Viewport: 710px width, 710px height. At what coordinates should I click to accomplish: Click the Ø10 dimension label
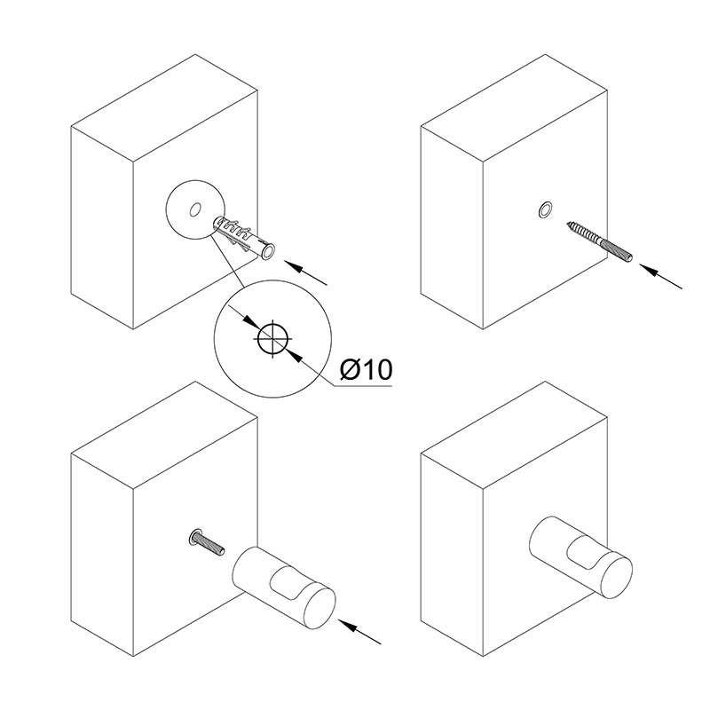366,370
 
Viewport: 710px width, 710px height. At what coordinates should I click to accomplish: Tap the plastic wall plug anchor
245,238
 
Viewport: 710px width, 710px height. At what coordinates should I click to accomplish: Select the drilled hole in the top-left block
195,209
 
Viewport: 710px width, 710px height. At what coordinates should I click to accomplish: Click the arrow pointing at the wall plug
305,272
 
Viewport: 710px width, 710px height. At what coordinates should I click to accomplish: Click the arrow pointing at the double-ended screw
660,276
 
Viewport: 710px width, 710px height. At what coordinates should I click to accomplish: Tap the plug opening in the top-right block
545,210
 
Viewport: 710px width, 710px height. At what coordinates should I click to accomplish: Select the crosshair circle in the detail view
272,338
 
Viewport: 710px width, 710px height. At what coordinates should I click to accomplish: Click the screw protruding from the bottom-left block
207,543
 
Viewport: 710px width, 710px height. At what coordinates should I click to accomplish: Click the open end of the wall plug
268,252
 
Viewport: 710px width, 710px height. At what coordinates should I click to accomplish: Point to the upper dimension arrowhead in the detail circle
250,320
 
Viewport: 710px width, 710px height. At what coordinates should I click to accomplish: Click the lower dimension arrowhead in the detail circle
294,355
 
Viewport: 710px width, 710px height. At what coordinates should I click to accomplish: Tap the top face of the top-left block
164,108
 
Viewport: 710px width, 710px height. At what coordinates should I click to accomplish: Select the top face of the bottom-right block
514,435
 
